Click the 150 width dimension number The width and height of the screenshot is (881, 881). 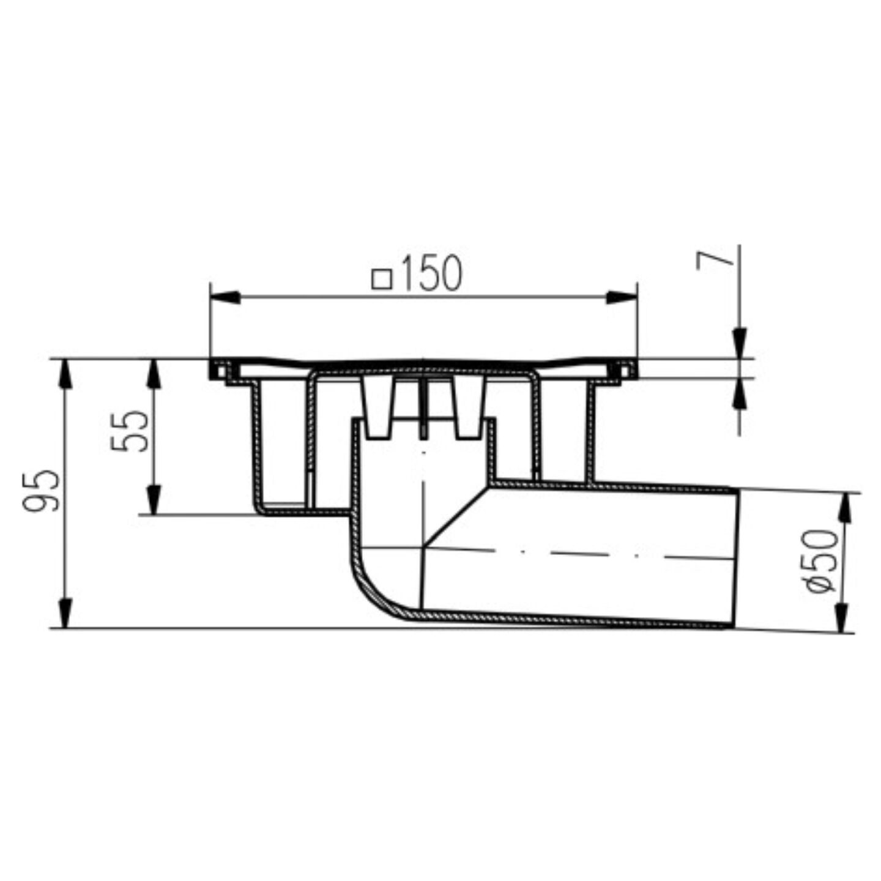(x=431, y=274)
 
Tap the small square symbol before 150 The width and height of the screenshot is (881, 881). (x=382, y=280)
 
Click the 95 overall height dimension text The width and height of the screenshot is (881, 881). (x=41, y=491)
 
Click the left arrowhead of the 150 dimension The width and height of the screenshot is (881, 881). (x=226, y=297)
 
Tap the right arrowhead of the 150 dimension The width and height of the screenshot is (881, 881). (x=622, y=297)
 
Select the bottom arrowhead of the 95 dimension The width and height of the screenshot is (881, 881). (x=66, y=613)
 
